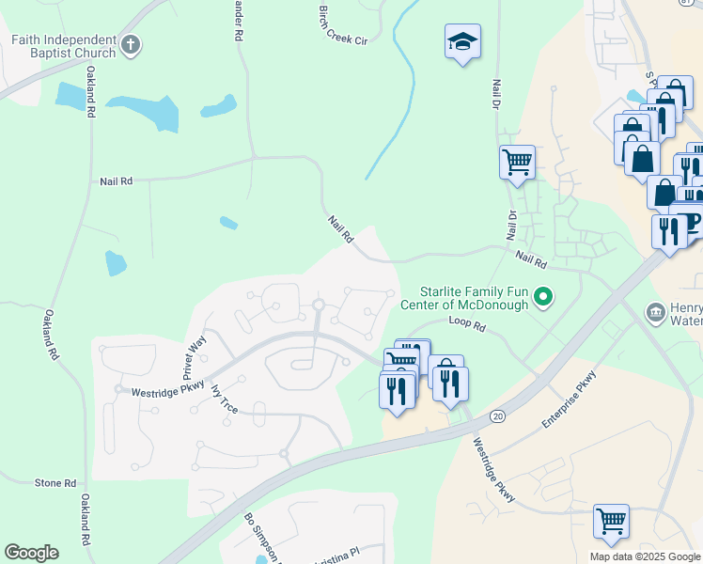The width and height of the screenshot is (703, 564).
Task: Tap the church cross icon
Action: [132, 43]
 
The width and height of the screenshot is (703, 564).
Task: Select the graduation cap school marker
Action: [462, 42]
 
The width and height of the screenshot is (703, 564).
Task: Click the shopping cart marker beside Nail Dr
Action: [517, 162]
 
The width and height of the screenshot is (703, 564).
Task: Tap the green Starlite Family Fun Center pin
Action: [542, 298]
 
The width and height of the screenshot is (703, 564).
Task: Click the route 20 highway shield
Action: [497, 415]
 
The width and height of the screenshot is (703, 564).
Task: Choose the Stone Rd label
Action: [55, 483]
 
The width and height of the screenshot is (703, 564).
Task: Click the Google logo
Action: [31, 553]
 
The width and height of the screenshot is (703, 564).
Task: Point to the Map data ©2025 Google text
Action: [645, 556]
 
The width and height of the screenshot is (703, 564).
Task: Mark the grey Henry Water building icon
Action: [655, 311]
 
